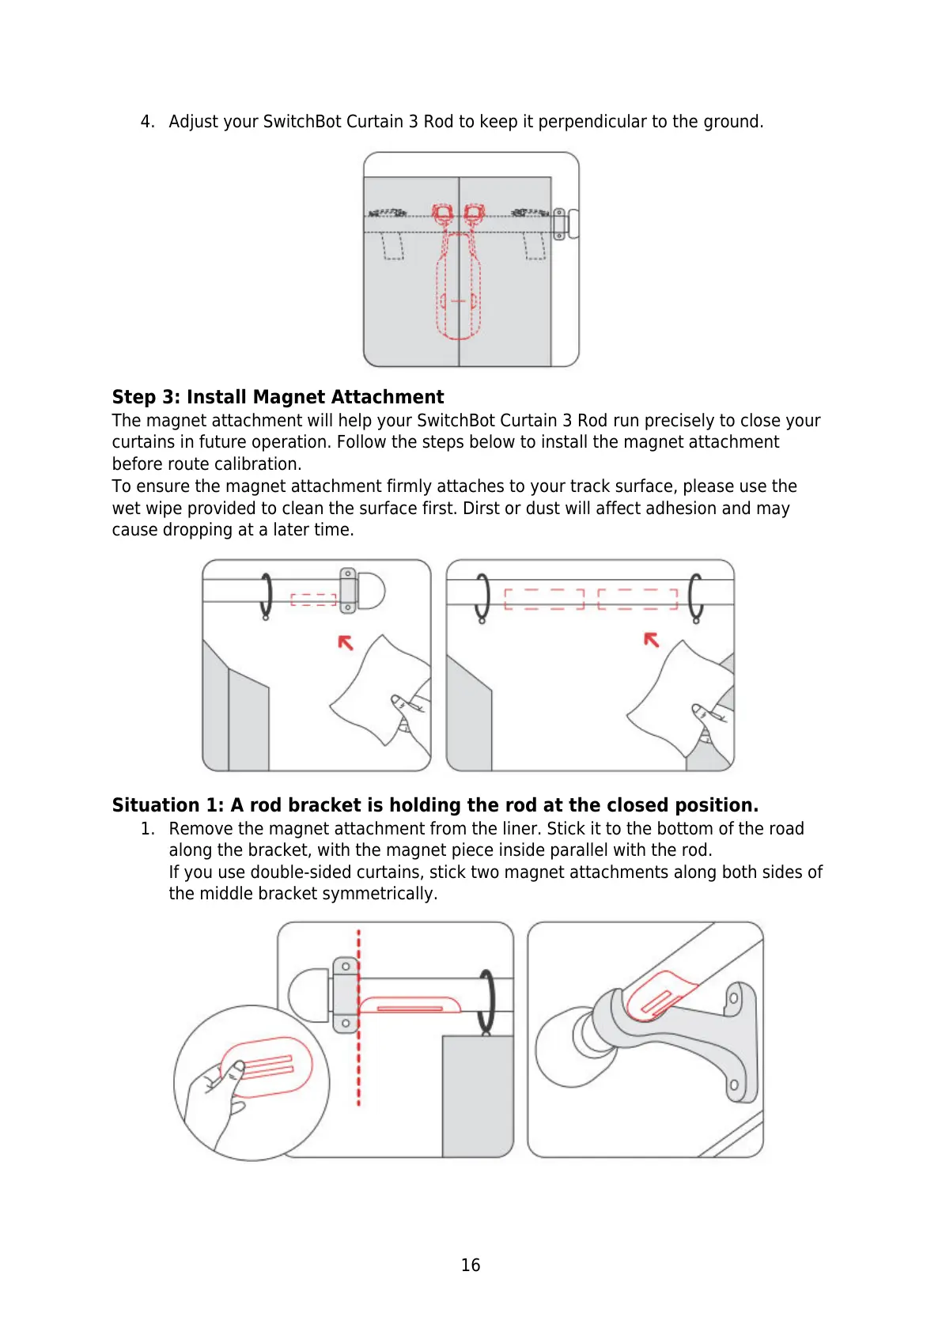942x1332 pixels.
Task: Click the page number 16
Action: coord(470,1265)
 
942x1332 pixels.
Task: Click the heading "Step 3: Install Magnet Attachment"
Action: coord(278,397)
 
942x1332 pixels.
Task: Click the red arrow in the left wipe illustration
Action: coord(345,642)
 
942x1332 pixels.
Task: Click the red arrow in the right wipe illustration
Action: coord(651,639)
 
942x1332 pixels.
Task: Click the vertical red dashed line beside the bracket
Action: coord(359,1052)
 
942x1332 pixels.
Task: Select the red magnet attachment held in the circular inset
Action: coord(266,1067)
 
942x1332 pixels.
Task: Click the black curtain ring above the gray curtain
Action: coord(487,1001)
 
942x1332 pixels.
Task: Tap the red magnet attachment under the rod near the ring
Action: coord(409,1005)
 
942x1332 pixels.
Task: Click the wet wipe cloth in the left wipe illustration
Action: coord(372,688)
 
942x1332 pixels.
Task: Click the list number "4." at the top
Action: coord(147,122)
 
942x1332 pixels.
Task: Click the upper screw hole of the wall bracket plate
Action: coord(733,998)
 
